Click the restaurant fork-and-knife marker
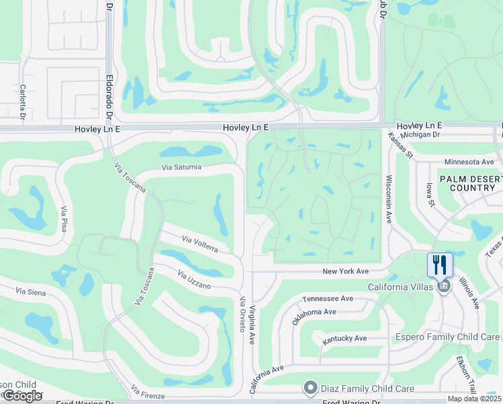[440, 264]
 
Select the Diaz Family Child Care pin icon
[310, 387]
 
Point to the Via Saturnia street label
[181, 167]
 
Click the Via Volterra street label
[200, 244]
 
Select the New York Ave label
[346, 271]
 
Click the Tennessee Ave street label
[327, 298]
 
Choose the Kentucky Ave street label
[344, 338]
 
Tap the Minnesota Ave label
[470, 162]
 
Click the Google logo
[23, 395]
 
